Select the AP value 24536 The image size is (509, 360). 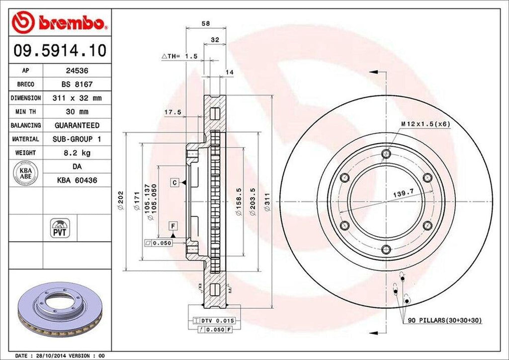point(77,71)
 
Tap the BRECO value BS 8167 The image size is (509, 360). point(77,85)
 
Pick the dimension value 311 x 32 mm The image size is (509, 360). point(77,98)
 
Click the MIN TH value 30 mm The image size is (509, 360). point(77,112)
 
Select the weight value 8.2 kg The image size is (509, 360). point(77,153)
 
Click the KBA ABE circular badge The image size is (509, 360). point(25,173)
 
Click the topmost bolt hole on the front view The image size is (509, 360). point(386,154)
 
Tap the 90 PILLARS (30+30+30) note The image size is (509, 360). point(443,320)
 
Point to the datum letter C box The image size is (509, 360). point(175,182)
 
